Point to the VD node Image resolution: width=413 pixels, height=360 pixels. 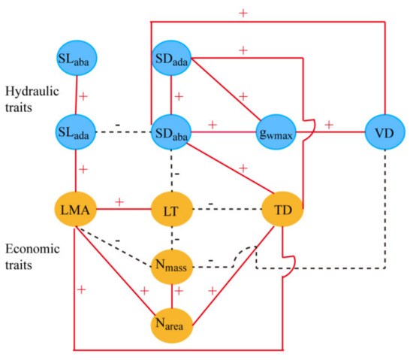385,132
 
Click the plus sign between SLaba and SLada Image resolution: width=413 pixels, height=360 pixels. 84,97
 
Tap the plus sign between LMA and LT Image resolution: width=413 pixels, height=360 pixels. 119,202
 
